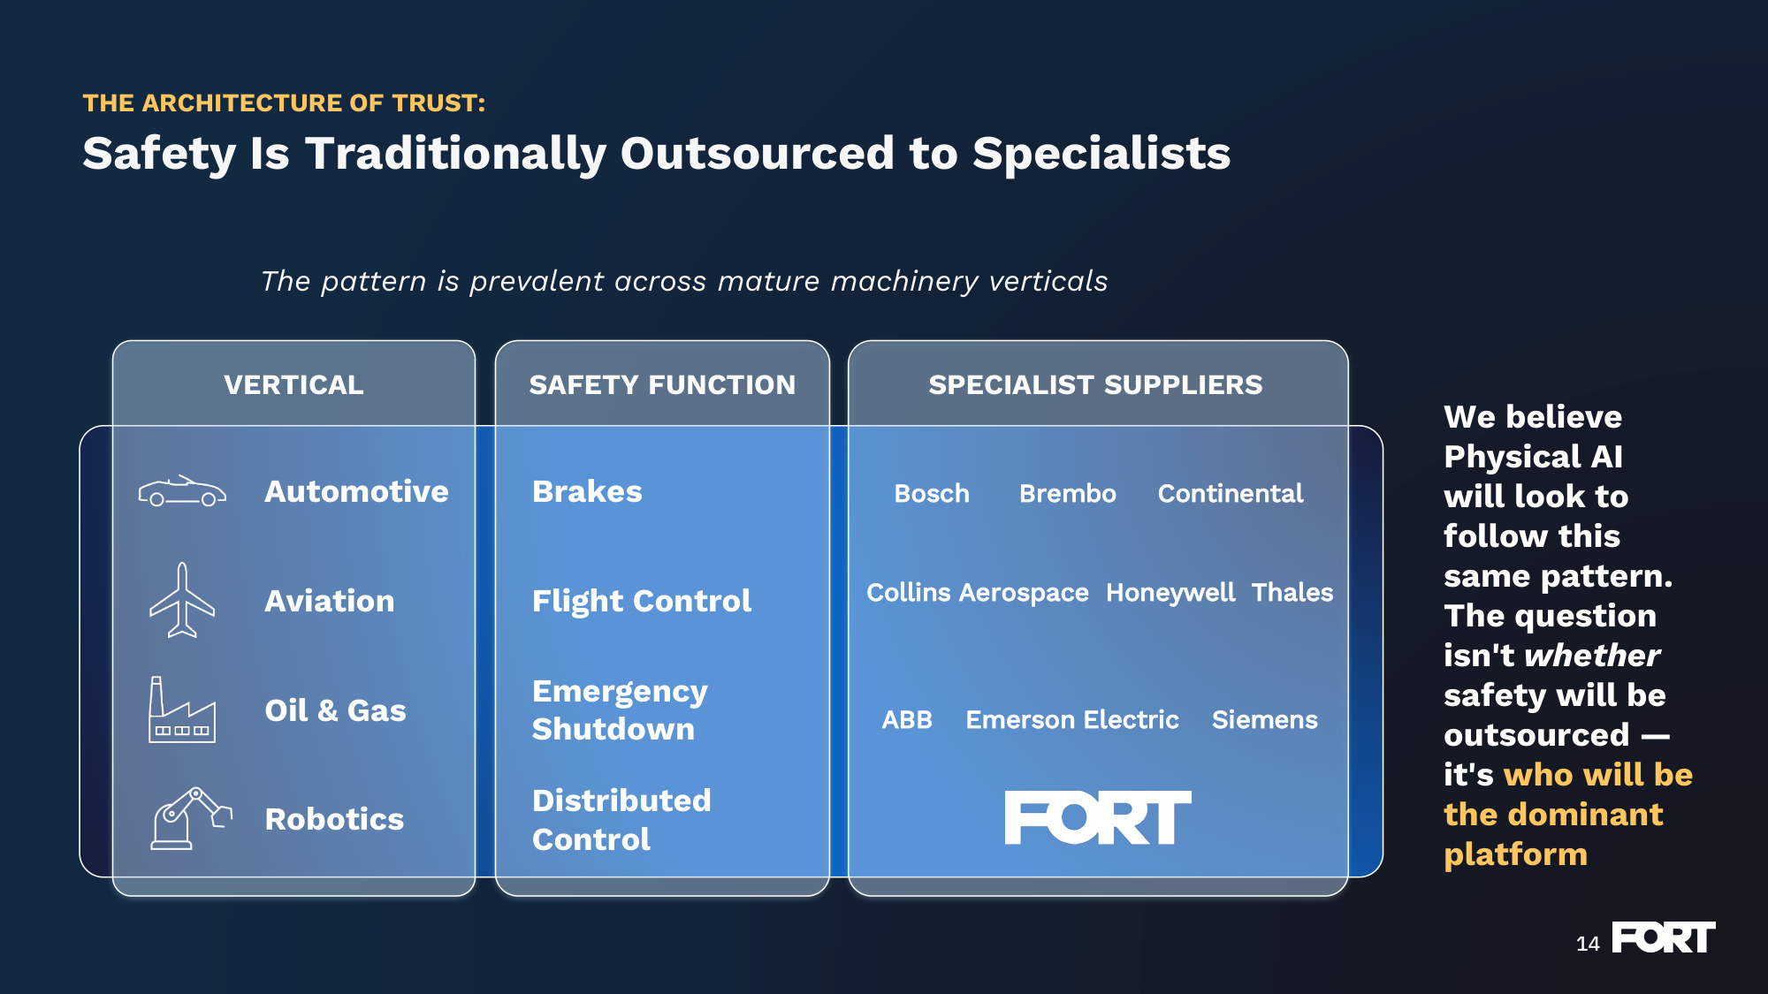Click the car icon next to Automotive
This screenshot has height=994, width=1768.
(x=182, y=491)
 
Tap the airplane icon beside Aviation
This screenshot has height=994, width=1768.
(x=182, y=600)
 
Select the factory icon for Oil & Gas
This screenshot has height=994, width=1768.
(x=182, y=709)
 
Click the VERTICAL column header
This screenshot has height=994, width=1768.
(x=293, y=385)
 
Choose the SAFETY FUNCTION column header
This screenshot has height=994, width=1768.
(x=662, y=385)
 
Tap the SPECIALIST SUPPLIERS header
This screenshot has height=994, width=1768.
(x=1095, y=385)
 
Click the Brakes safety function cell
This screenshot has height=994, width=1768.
(x=587, y=491)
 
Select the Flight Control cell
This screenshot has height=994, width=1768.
(x=642, y=601)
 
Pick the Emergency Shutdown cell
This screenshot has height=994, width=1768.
(x=620, y=710)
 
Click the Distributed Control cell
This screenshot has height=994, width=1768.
(x=621, y=820)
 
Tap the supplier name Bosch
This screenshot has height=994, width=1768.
(x=932, y=493)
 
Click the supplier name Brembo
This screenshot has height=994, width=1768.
(x=1068, y=493)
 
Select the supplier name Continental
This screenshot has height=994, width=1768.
(x=1231, y=493)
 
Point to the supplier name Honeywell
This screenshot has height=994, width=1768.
(x=1170, y=593)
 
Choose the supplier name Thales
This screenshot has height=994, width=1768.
(x=1292, y=592)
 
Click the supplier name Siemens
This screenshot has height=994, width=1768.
(x=1265, y=720)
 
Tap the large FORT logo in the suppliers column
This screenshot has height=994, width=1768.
(x=1098, y=817)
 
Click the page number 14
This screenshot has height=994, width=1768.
(x=1588, y=944)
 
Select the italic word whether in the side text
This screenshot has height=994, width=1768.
(x=1592, y=656)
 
